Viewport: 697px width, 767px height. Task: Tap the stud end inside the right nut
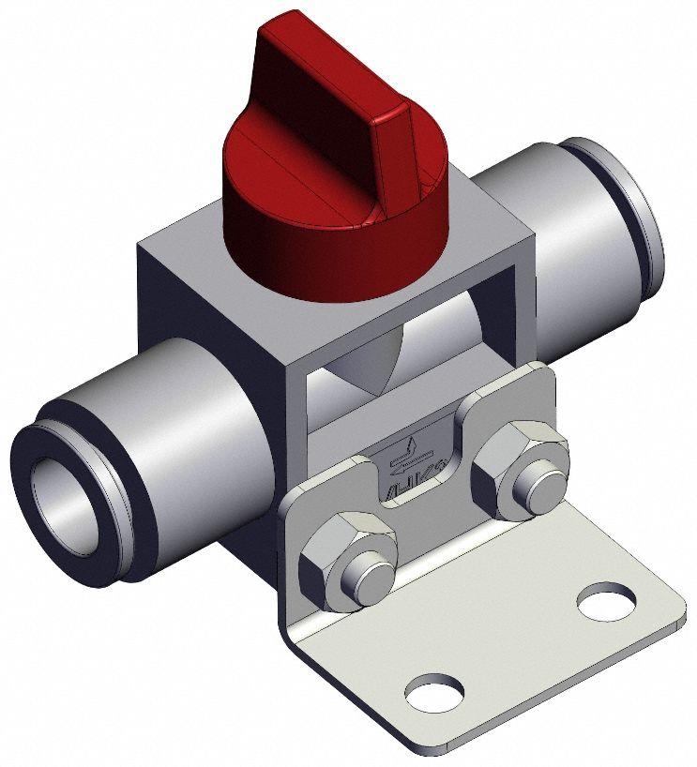(x=538, y=481)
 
